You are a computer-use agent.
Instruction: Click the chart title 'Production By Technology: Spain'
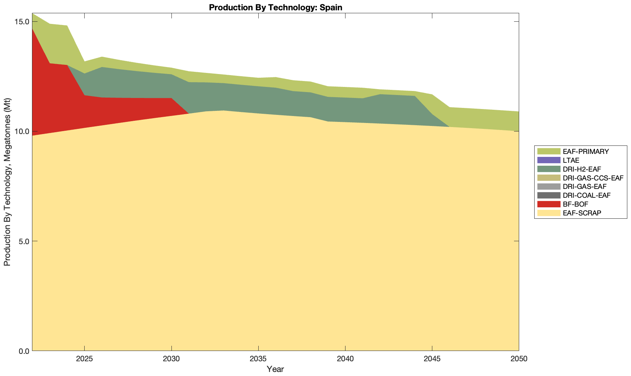point(275,7)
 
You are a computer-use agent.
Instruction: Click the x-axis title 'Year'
point(275,369)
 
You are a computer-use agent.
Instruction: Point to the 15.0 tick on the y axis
point(22,22)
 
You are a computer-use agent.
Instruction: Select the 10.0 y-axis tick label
point(22,131)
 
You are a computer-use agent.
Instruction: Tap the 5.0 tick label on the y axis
point(24,241)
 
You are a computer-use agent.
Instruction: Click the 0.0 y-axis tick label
point(24,351)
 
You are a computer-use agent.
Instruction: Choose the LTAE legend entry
point(571,160)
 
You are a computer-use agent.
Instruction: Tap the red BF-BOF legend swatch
point(549,204)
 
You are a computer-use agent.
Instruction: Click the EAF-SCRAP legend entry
point(582,213)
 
